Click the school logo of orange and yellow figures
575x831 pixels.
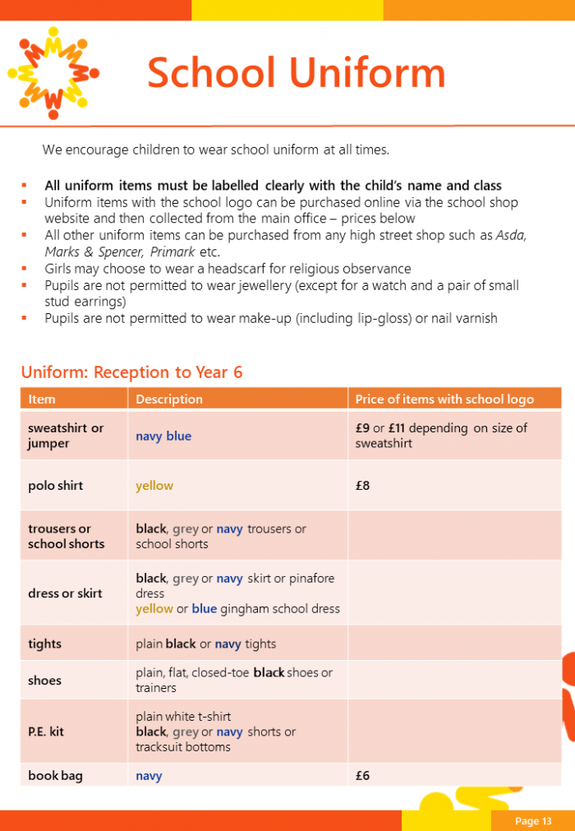53,73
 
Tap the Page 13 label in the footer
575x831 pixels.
533,820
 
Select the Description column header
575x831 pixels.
169,399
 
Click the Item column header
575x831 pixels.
42,399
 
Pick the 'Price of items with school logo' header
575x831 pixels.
444,399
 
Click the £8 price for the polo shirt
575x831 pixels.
363,486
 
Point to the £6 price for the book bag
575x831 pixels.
363,775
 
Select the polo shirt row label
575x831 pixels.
55,486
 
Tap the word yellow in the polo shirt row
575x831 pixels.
154,486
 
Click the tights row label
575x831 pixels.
44,644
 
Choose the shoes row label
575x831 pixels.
44,681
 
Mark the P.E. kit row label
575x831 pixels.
46,732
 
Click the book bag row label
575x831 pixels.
55,775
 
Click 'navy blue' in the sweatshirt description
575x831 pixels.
163,436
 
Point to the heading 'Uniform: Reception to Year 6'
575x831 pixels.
131,372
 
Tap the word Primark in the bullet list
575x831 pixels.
172,252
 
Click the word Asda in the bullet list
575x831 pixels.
511,235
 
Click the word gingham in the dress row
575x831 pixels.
242,609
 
